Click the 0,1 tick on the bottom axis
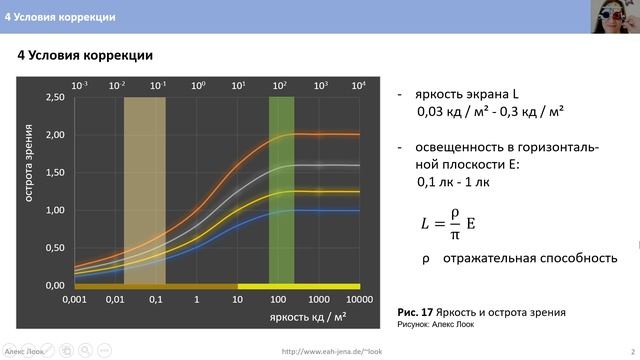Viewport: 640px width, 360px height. [156, 299]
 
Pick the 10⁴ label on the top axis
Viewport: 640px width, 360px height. [358, 87]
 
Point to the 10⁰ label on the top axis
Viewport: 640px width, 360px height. [197, 87]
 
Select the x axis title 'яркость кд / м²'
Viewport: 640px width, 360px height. [306, 317]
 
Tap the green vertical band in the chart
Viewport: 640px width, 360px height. [281, 190]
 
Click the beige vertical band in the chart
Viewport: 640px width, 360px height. [144, 190]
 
